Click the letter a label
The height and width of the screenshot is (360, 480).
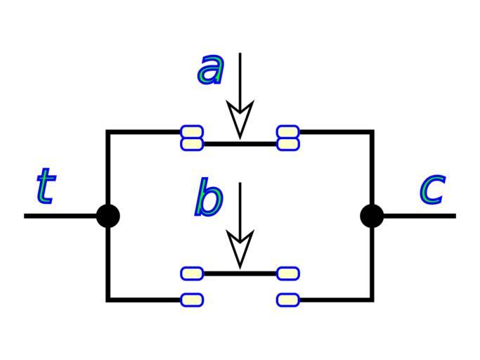pos(211,70)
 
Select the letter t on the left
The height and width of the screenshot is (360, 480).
pos(45,187)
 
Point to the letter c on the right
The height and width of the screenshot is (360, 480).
pos(432,189)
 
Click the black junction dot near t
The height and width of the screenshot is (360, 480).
pos(108,216)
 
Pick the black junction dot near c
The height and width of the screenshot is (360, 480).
pos(372,216)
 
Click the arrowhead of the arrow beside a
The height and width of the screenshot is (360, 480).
pos(240,120)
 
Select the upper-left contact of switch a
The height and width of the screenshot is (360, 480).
pos(192,131)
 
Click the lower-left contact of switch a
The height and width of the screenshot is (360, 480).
pos(192,143)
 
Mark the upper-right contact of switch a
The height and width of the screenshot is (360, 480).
pos(287,131)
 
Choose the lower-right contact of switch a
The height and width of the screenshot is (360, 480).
pos(287,143)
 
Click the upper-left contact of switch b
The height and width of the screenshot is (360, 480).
pos(192,273)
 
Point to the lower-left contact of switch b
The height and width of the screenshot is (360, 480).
pos(192,300)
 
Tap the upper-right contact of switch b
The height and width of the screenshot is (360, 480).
pos(287,273)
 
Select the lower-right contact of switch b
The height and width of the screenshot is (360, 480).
pos(287,300)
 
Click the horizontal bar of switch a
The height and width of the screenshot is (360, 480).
pos(240,144)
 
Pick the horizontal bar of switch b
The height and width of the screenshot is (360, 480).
pos(240,273)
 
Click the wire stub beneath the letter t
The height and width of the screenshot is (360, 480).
pos(63,216)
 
